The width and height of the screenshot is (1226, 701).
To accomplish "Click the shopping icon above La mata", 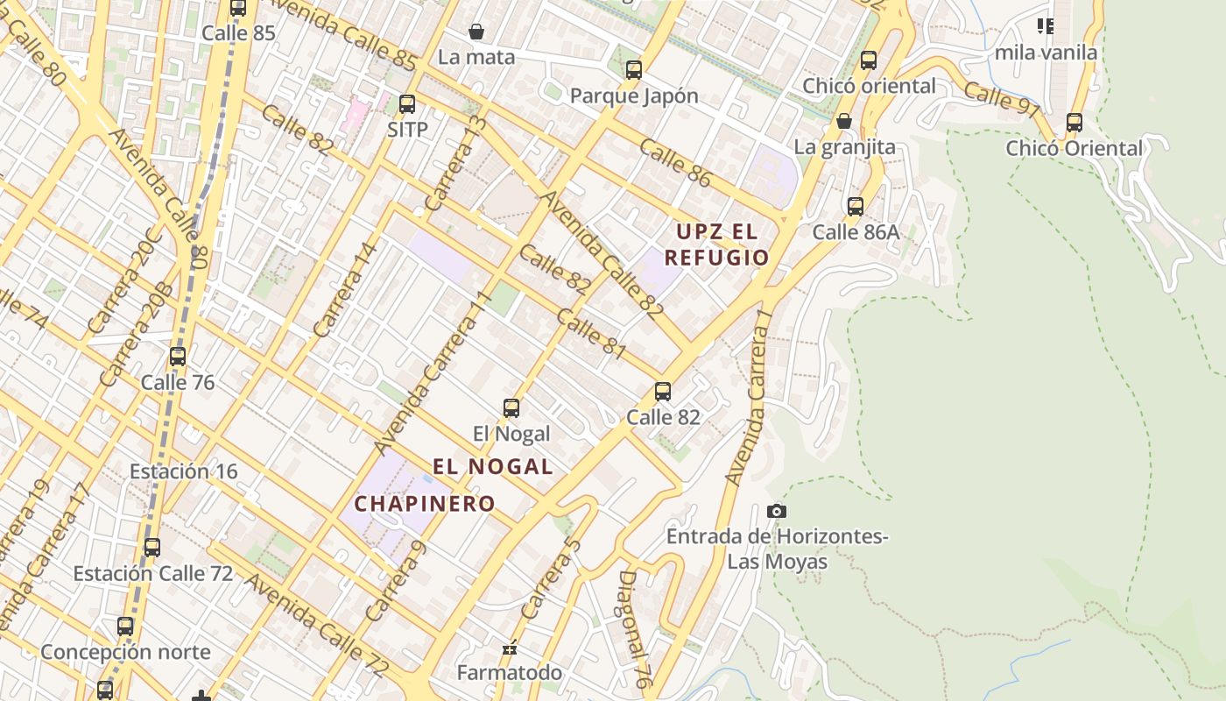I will [x=476, y=32].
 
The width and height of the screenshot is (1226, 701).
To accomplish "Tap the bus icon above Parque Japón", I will [x=634, y=70].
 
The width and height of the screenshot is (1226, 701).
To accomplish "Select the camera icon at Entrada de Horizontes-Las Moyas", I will [x=776, y=511].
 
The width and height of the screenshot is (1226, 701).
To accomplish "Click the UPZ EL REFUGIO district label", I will [x=716, y=244].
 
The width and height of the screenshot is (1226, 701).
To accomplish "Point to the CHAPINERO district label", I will [x=425, y=504].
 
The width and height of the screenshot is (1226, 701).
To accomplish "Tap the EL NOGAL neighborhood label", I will [x=493, y=466].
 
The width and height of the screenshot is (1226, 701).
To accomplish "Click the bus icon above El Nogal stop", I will [x=511, y=408].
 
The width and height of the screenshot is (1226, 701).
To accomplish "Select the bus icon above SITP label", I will [x=407, y=104].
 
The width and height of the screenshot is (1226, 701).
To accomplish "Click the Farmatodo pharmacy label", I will [x=510, y=672].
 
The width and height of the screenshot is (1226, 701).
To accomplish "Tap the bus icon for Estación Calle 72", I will [x=152, y=548].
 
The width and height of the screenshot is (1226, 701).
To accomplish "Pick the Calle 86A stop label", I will [x=856, y=231].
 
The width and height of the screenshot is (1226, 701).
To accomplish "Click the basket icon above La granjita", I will [x=844, y=121].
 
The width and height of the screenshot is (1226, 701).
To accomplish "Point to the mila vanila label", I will [x=1046, y=53].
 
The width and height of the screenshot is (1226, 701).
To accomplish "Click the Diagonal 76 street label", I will [x=637, y=628].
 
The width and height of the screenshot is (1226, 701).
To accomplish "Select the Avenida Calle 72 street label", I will [x=316, y=626].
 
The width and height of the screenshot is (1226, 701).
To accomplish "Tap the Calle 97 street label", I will [x=1003, y=98].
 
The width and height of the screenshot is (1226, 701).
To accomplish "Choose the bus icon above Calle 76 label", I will [x=178, y=357].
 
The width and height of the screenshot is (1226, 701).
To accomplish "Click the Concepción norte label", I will [x=125, y=652].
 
